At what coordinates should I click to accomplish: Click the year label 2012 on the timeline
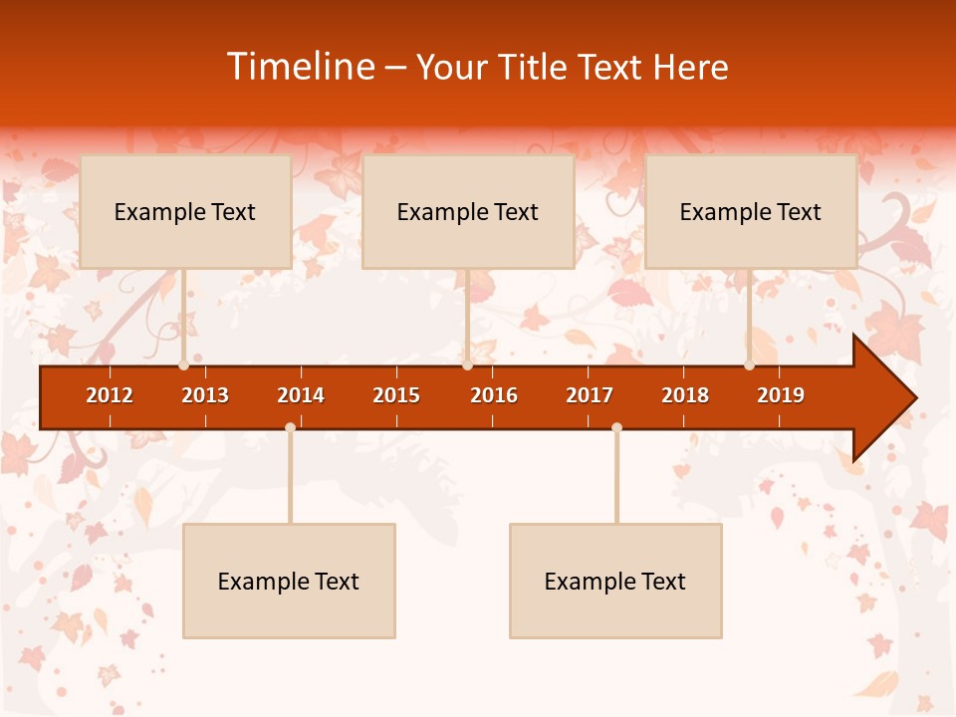click(x=110, y=395)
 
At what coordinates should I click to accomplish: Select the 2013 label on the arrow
click(x=205, y=395)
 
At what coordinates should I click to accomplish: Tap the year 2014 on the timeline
click(x=301, y=395)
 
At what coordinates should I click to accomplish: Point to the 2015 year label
click(x=396, y=395)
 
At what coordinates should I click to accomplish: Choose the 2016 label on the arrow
click(x=494, y=395)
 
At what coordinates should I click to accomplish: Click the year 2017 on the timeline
click(x=590, y=395)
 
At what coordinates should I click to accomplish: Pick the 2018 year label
click(x=685, y=395)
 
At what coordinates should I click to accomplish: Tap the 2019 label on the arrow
click(x=781, y=395)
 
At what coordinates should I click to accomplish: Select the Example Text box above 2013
click(x=185, y=212)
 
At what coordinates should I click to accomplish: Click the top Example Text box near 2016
click(x=468, y=212)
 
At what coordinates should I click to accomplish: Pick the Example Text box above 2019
click(x=751, y=212)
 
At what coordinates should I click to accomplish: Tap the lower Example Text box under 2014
click(x=289, y=582)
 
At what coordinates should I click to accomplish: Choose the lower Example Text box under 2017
click(x=615, y=582)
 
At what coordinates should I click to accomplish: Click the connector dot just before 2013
click(x=183, y=365)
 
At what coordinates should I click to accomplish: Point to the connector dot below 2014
click(x=290, y=428)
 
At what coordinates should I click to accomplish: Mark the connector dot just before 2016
click(x=467, y=365)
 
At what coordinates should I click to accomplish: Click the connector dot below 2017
click(x=616, y=428)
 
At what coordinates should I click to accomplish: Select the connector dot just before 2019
click(x=749, y=365)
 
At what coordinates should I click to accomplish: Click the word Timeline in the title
click(x=300, y=67)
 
